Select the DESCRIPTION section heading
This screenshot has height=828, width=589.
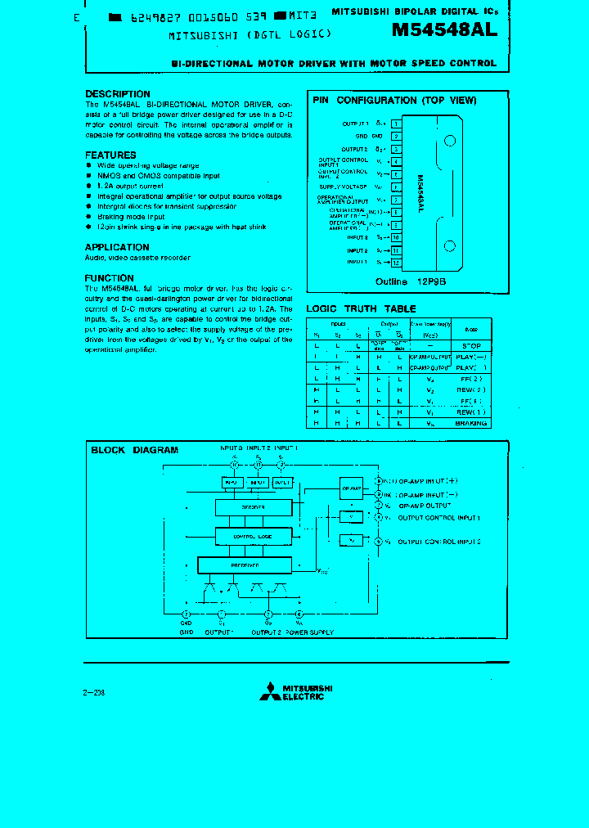(x=118, y=94)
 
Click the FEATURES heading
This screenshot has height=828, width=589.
(x=110, y=155)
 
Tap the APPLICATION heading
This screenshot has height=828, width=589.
(x=117, y=247)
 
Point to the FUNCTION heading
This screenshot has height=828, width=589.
(x=110, y=278)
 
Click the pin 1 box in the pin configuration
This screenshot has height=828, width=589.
(x=396, y=124)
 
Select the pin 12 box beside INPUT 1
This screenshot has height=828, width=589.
(x=396, y=263)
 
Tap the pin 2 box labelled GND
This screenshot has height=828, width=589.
(x=396, y=136)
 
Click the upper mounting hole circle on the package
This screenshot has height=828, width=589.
(x=448, y=141)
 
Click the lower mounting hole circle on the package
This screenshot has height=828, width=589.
(x=448, y=246)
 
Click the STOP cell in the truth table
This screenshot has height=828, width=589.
(x=471, y=346)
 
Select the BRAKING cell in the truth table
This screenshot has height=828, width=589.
(x=471, y=423)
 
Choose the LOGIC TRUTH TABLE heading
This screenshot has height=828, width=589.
(x=361, y=309)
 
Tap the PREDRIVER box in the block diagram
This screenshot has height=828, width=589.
(x=245, y=565)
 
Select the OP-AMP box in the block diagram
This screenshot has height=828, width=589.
(x=351, y=488)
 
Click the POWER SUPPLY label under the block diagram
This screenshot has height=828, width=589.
(x=308, y=632)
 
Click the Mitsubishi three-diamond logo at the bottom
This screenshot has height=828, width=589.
(x=269, y=691)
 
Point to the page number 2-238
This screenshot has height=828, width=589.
(x=94, y=692)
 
